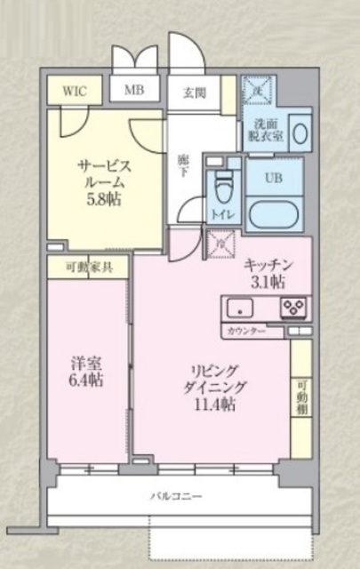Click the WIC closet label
75,91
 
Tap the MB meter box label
133,90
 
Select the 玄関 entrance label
194,91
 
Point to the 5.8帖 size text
104,199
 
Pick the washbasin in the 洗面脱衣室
300,134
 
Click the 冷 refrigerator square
220,241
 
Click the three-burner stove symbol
292,308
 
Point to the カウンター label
245,330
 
